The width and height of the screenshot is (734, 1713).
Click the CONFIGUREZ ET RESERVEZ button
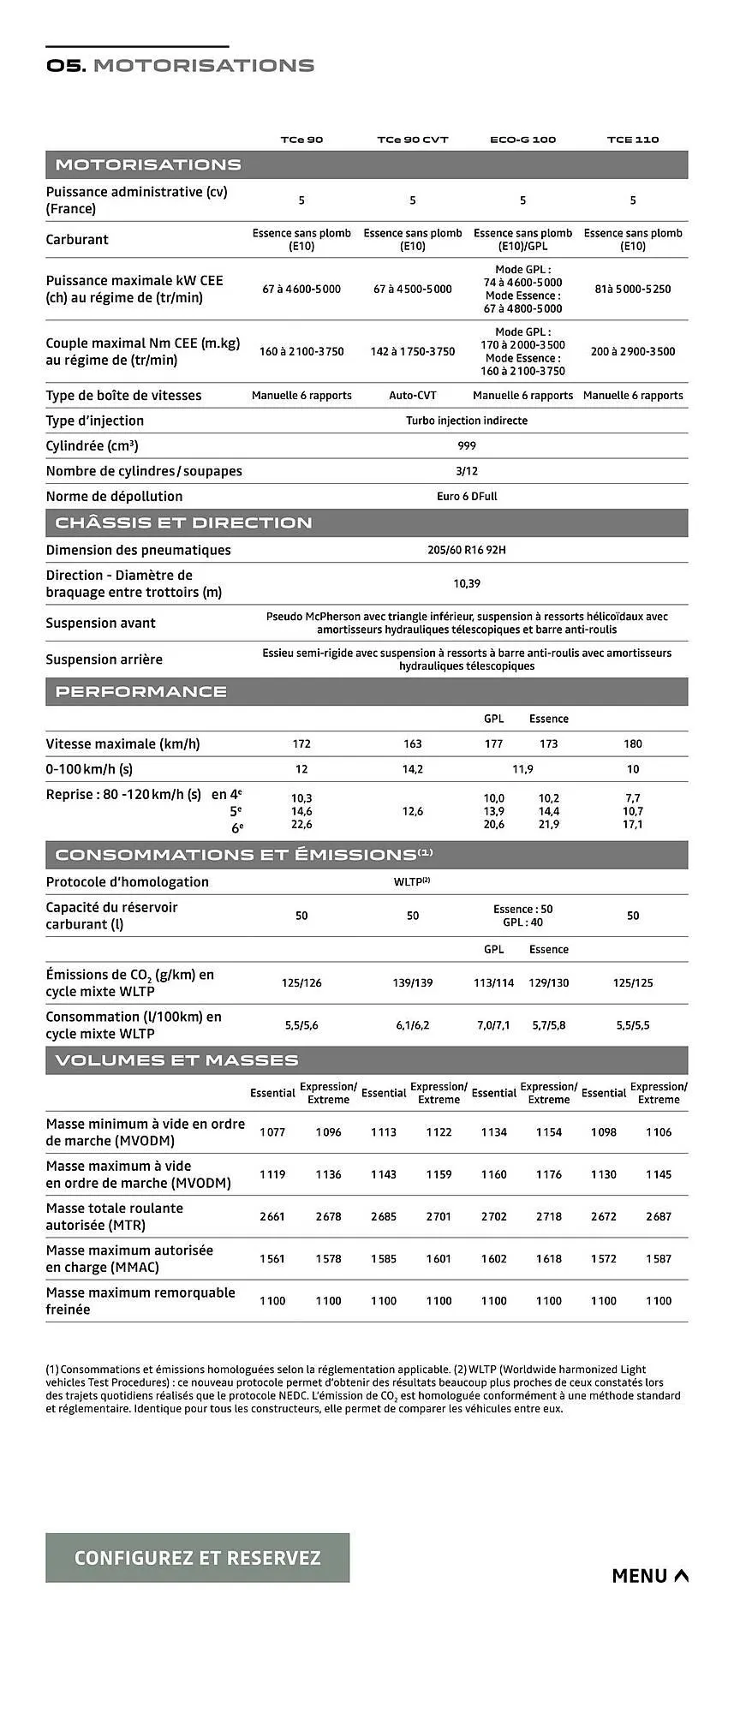197,1557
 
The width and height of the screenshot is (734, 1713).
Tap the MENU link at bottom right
649,1575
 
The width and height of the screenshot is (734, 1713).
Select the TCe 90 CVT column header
412,140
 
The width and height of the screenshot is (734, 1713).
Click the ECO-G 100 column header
522,140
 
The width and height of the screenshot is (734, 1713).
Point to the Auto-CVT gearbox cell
412,396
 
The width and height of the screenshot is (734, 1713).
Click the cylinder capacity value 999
467,445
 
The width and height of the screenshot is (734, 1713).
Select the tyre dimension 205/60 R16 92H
467,550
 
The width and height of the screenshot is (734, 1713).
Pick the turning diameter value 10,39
467,583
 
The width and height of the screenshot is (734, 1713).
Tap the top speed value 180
633,743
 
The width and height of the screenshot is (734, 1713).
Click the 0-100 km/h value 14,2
412,769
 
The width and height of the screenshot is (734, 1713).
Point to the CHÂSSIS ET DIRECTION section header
183,522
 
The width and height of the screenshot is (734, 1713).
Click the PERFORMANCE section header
141,691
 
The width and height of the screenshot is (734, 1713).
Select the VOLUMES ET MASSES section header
176,1060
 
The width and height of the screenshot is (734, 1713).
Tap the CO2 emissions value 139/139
412,982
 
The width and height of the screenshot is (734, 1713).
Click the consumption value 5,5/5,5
633,1025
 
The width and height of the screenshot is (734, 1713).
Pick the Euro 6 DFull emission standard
467,496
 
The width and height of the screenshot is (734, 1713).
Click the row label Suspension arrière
104,660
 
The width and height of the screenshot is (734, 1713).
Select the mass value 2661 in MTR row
272,1216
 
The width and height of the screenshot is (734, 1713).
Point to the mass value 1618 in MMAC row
549,1258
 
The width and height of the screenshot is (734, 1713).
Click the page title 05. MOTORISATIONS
181,66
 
